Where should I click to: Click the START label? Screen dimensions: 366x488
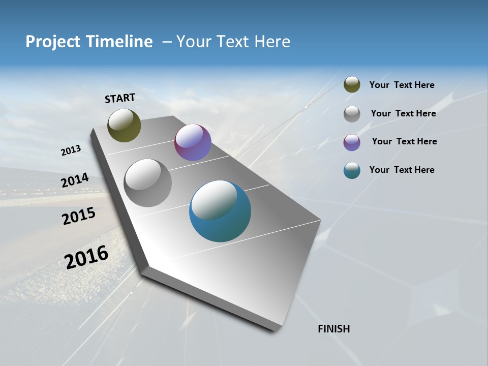tap(120, 98)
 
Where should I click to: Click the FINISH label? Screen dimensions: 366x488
tap(333, 329)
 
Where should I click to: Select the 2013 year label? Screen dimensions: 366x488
tap(71, 150)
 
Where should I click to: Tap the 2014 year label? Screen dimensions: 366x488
tap(75, 180)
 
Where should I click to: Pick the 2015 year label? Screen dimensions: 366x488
tap(79, 216)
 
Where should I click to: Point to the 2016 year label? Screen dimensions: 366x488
tap(86, 257)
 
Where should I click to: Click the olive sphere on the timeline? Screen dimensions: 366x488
tap(124, 126)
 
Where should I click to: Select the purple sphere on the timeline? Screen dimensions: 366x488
tap(193, 142)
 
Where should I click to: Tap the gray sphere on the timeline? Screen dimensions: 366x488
tap(148, 183)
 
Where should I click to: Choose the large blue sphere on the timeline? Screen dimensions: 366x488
tap(220, 211)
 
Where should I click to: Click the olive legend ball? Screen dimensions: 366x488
tap(352, 85)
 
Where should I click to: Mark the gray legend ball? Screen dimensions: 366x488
tap(352, 114)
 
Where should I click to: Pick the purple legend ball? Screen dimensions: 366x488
tap(352, 142)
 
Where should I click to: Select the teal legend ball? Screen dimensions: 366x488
tap(352, 170)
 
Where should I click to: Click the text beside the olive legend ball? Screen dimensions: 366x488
tap(402, 85)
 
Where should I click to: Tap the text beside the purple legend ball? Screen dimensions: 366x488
tap(404, 141)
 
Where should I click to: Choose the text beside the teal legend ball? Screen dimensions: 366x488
tap(402, 170)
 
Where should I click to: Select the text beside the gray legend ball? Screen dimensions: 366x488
tap(403, 113)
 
